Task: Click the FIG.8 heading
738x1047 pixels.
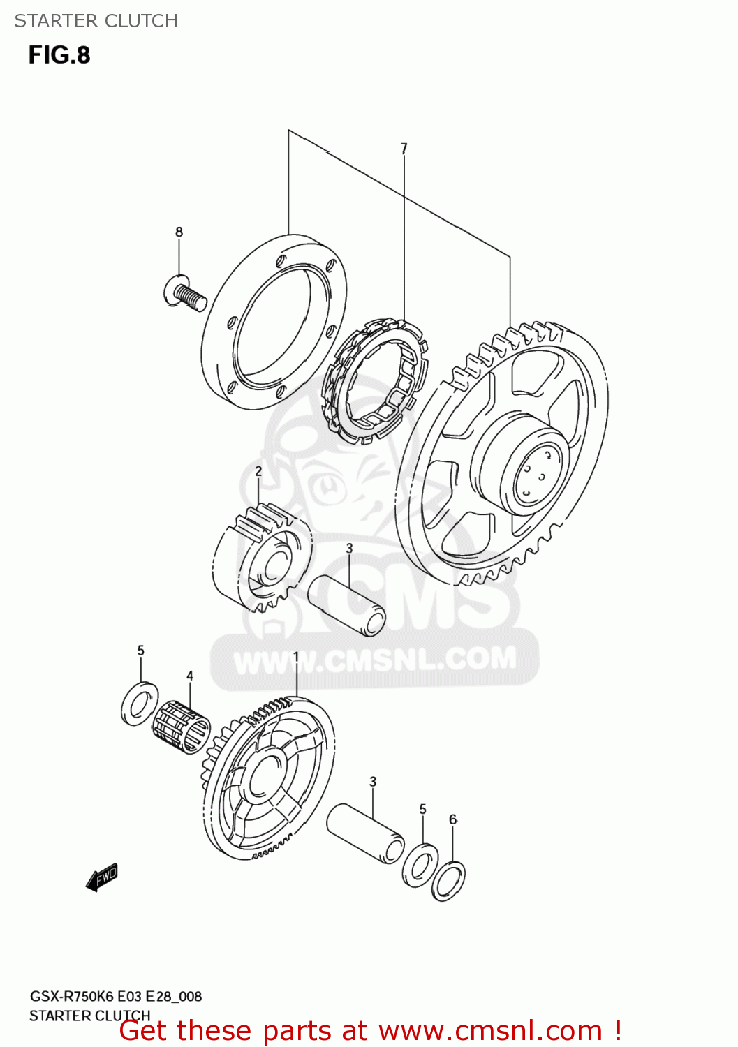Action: (x=59, y=55)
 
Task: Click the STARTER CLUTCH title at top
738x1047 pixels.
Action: (x=96, y=21)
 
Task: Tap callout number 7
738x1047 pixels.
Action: (x=404, y=149)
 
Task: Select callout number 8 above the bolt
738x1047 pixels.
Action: (x=179, y=232)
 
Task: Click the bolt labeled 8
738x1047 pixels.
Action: (x=184, y=293)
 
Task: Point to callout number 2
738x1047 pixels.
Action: (x=258, y=471)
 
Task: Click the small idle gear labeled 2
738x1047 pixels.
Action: (x=262, y=558)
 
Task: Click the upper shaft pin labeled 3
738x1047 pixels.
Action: (x=347, y=604)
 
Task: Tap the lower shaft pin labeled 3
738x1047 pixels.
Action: (x=366, y=833)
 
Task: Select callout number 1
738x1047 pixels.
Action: (x=296, y=657)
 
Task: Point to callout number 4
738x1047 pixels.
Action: (x=189, y=676)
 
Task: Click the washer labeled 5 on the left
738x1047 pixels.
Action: (x=140, y=704)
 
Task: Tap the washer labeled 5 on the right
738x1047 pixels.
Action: (x=420, y=866)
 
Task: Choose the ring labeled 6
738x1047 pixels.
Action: (x=448, y=881)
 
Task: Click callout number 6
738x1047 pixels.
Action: (x=452, y=819)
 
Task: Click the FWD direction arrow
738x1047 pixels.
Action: (x=102, y=877)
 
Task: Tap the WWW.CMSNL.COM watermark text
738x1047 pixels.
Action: (x=375, y=660)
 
